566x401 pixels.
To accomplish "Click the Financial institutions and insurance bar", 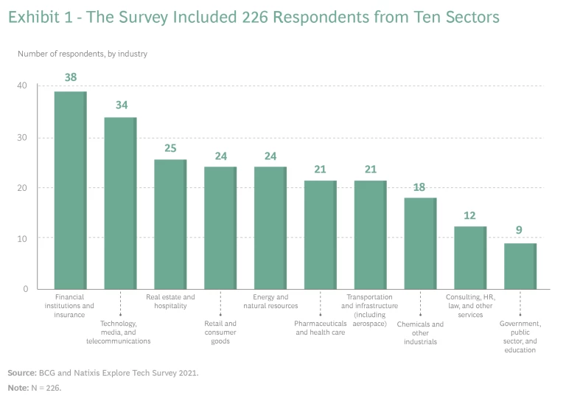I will pos(70,190).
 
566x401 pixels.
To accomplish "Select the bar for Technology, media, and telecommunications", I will pos(120,203).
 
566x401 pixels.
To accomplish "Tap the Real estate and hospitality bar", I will pos(170,224).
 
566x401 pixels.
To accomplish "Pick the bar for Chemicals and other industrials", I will pos(420,243).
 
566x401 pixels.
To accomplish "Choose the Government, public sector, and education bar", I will pos(520,266).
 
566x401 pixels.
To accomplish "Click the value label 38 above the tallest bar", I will pos(71,77).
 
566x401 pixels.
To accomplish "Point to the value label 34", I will pos(121,105).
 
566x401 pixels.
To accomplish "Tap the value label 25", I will pos(170,148).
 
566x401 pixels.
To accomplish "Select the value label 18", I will pos(420,187).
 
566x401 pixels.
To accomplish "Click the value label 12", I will pos(470,215).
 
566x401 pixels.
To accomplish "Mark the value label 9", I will pos(519,231).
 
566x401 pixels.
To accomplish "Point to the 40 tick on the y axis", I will pos(22,86).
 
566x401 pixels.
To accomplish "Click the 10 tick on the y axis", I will pos(22,238).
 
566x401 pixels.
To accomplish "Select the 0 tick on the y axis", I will pos(24,289).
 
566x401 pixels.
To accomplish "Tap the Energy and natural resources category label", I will pos(270,301).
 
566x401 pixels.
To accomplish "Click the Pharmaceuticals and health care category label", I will pos(321,328).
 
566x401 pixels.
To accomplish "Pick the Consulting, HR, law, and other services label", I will pos(470,306).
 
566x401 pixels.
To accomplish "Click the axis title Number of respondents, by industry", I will pos(83,53).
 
